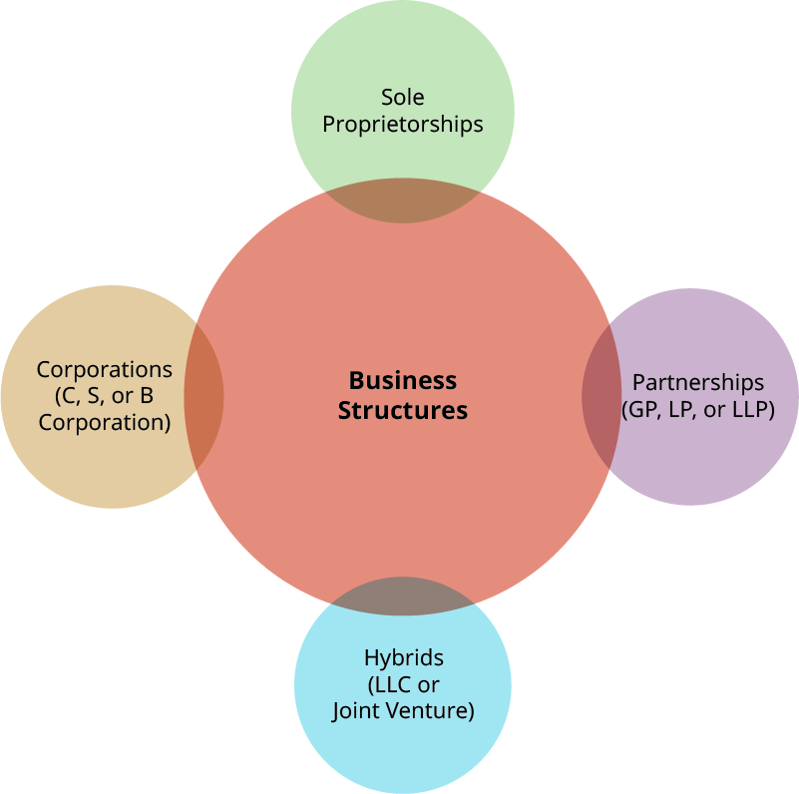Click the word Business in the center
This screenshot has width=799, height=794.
(402, 380)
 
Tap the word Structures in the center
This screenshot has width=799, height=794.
(402, 410)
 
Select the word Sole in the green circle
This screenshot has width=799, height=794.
(402, 97)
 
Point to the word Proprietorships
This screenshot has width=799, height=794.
(402, 124)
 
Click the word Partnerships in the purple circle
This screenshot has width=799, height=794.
(698, 382)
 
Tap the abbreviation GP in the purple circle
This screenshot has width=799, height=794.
(641, 409)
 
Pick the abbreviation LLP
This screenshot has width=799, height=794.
(752, 409)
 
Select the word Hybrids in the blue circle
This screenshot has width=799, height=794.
(403, 658)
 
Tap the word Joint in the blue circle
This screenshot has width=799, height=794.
(357, 711)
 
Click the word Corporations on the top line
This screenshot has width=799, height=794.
(105, 369)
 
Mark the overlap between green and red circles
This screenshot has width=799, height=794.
(402, 201)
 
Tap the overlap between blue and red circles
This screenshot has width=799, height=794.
(402, 595)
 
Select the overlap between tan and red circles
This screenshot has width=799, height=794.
(204, 396)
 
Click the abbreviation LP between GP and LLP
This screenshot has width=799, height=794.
(684, 409)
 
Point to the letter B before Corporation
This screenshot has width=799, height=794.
(147, 396)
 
